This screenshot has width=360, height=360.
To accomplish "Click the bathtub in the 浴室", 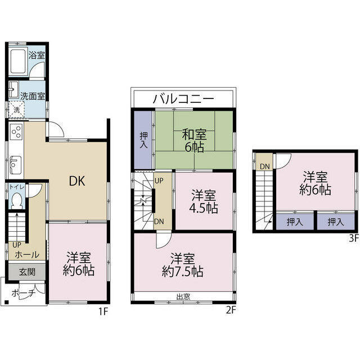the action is click(19, 61).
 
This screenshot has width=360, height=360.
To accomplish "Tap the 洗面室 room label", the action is click(33, 96).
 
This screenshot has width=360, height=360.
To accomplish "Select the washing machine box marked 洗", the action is click(16, 110).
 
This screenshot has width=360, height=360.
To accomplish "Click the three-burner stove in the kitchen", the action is click(16, 132).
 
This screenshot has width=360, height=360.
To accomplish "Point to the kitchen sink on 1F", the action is click(16, 165).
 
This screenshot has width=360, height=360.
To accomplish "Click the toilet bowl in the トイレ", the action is click(17, 201).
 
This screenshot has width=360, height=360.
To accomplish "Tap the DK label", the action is click(77, 181).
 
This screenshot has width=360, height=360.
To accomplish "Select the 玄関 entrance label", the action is click(27, 272).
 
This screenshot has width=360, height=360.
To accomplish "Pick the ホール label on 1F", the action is click(27, 255).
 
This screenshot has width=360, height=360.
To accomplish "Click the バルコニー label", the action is click(183, 99).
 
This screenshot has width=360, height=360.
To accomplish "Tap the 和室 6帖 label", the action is click(194, 141).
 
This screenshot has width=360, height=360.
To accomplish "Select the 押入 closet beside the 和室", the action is click(144, 140).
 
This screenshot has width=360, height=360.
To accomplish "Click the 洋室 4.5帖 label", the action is click(204, 201).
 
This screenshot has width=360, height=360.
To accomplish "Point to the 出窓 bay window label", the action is click(183, 296).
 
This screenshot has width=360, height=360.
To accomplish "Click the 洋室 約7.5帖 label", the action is click(182, 265).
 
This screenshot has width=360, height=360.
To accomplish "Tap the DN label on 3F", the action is click(265, 166).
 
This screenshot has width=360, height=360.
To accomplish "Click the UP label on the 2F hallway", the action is click(159, 181).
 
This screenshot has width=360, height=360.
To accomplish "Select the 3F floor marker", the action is click(354, 238).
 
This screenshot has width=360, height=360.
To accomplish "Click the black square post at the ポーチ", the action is click(7, 302).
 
